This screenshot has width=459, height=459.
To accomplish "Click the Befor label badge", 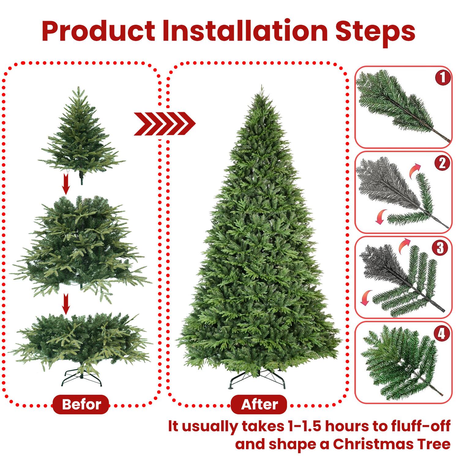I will click(x=81, y=405).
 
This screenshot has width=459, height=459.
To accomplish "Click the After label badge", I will click(x=259, y=405).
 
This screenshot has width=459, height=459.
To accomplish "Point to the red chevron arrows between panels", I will click(x=164, y=124).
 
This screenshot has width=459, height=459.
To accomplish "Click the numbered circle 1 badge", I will click(x=442, y=78).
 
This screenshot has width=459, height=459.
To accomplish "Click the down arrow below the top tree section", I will click(x=65, y=184).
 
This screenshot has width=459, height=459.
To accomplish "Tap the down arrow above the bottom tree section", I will click(x=65, y=304).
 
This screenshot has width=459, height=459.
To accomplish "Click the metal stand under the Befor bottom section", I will click(x=81, y=378).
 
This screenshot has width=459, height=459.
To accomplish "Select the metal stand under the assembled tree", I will click(x=258, y=379).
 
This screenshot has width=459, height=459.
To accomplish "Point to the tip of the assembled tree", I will click(x=261, y=88).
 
